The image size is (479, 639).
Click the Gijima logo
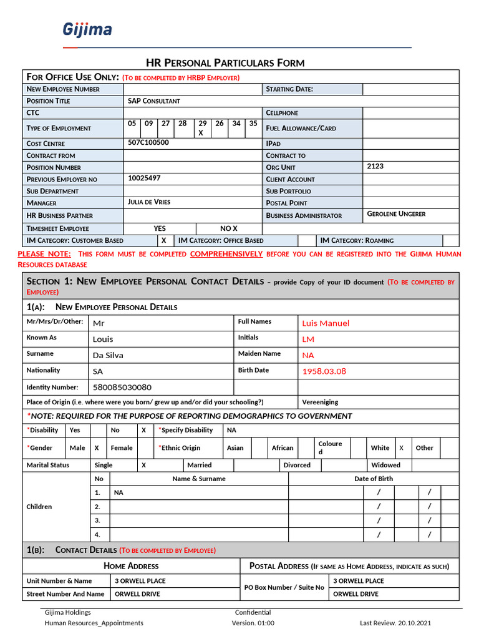click(x=87, y=29)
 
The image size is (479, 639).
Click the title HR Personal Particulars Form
click(x=225, y=62)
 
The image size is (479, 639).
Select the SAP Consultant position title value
click(x=154, y=101)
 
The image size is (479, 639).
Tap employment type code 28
click(x=182, y=124)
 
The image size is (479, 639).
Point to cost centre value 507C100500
click(x=148, y=142)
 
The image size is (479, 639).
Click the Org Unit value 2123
click(x=375, y=167)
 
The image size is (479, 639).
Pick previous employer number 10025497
click(x=144, y=178)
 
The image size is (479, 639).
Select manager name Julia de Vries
click(x=149, y=202)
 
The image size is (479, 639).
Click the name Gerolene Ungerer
click(x=396, y=214)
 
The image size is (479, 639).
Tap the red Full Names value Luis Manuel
click(x=326, y=323)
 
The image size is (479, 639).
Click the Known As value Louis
click(x=103, y=339)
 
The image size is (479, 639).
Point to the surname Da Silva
click(x=108, y=355)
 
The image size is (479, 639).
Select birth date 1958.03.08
click(x=324, y=371)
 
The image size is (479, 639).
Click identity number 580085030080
click(x=122, y=388)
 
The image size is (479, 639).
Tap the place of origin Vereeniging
click(x=320, y=402)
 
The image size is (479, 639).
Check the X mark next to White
click(x=401, y=448)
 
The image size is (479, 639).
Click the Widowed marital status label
click(x=385, y=465)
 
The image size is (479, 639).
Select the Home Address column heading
click(x=131, y=566)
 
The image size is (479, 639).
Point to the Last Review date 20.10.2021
click(x=410, y=623)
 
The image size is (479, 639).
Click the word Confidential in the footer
click(x=253, y=612)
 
